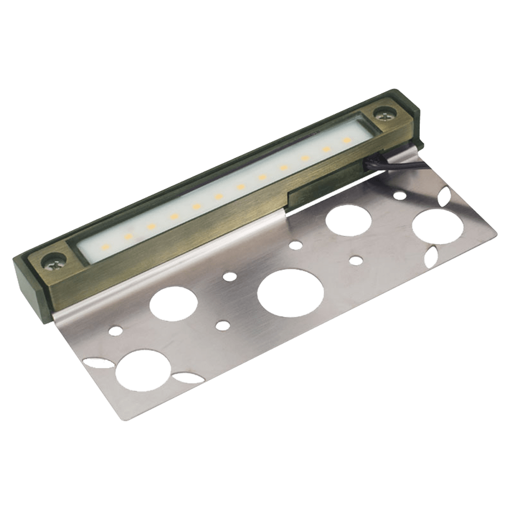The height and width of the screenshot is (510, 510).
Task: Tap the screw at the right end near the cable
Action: [x=383, y=114]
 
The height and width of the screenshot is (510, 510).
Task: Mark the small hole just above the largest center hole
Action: [x=230, y=276]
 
